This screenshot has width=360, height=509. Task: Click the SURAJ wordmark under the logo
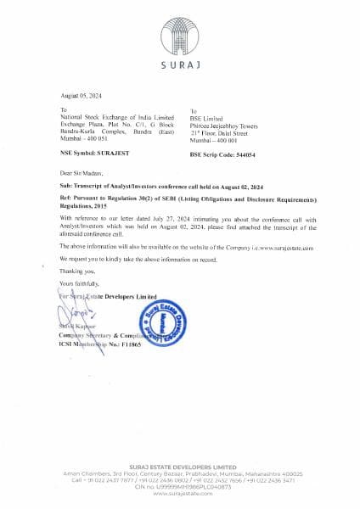pyautogui.click(x=180, y=64)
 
